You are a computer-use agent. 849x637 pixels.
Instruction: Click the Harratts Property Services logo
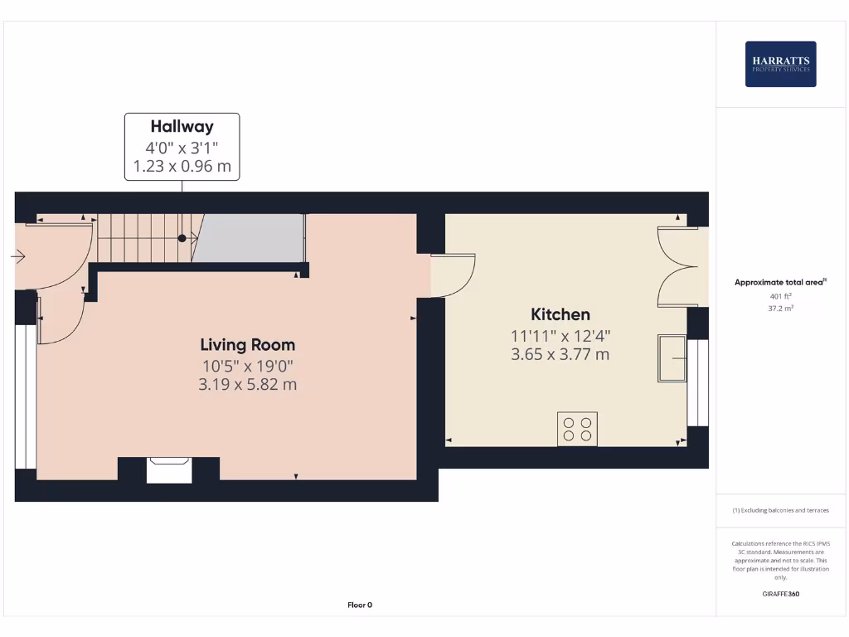pos(780,64)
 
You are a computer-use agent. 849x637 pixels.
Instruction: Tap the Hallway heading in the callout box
pos(182,127)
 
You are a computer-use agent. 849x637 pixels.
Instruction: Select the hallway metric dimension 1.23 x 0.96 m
pos(182,166)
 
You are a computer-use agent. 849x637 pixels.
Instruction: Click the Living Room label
pos(247,344)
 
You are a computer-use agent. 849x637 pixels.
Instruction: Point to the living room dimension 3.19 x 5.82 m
pos(247,385)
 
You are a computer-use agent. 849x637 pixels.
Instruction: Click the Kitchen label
pos(560,314)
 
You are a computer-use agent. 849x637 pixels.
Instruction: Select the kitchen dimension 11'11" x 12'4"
pos(560,336)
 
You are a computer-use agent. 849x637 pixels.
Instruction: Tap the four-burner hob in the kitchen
pos(577,429)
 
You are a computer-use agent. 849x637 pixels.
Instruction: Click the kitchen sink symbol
pos(672,358)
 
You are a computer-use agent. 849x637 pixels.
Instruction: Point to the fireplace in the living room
pos(169,469)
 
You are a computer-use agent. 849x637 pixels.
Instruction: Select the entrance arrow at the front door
pos(17,257)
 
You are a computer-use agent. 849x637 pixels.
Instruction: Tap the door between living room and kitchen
pos(453,275)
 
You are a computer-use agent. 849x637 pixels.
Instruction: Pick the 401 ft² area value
pos(780,296)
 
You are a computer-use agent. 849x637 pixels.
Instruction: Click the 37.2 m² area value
pos(780,306)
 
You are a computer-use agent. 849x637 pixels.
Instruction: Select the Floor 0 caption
pos(360,605)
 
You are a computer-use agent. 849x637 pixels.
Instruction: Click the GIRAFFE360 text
pos(780,594)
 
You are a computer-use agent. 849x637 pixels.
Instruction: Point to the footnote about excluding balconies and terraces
pos(780,510)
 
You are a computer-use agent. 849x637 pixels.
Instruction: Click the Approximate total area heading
pos(779,283)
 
